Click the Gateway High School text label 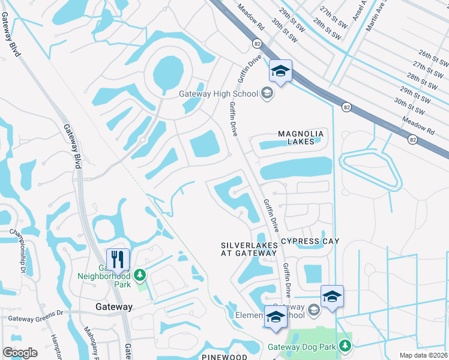tap(218, 93)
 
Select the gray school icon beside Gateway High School tap(267, 93)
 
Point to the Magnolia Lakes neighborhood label tap(301, 137)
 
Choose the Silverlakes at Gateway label tap(249, 250)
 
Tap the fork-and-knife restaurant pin tap(118, 260)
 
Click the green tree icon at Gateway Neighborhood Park tap(140, 275)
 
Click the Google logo tap(20, 352)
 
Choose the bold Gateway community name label tap(114, 306)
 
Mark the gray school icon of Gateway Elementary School tap(313, 310)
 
